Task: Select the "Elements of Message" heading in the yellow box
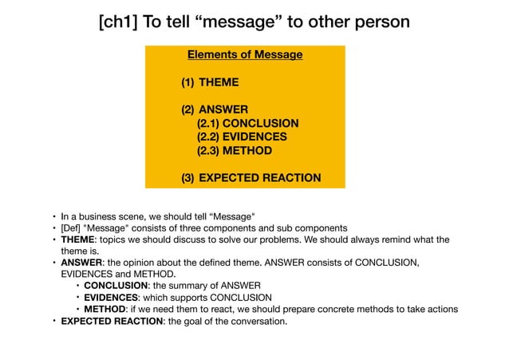coord(245,55)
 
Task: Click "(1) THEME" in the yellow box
coord(210,82)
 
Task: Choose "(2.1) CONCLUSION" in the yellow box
coord(247,124)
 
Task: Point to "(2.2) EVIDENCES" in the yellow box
coord(242,137)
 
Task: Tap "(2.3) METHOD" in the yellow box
coord(234,151)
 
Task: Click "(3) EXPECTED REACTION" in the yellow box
coord(251,178)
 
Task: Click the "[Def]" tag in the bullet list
coord(73,227)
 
